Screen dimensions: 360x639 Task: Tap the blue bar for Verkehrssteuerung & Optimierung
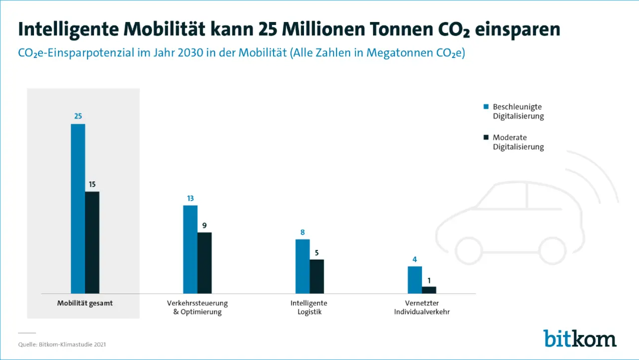(190, 249)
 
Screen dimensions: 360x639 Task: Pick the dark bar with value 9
(205, 263)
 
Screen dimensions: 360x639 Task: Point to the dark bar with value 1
(429, 290)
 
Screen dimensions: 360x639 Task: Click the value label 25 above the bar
(78, 116)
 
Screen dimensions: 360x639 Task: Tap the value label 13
(190, 198)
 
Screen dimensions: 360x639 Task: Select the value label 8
(303, 232)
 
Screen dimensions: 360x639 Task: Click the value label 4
(415, 259)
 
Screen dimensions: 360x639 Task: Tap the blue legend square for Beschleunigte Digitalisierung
(486, 106)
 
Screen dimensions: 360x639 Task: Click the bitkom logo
(580, 338)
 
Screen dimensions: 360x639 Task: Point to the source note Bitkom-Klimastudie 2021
(62, 345)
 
